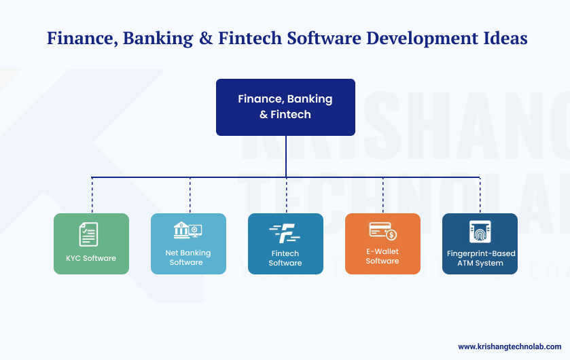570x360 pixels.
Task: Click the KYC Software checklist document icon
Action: click(88, 234)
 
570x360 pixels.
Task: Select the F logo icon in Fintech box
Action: click(285, 233)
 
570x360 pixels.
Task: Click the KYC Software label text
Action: click(91, 258)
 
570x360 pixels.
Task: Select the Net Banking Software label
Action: click(188, 257)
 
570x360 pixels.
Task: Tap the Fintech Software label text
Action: click(285, 258)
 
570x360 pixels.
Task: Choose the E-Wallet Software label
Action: click(382, 256)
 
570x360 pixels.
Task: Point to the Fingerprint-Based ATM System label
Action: click(480, 258)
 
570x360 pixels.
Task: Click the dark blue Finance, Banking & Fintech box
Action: click(285, 107)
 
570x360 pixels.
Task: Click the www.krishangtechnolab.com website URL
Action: click(510, 346)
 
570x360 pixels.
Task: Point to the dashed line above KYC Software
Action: click(92, 196)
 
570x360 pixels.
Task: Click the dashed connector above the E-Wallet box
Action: click(383, 196)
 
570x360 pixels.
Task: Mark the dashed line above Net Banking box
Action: click(190, 196)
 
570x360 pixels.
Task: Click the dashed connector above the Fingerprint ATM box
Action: click(480, 196)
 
